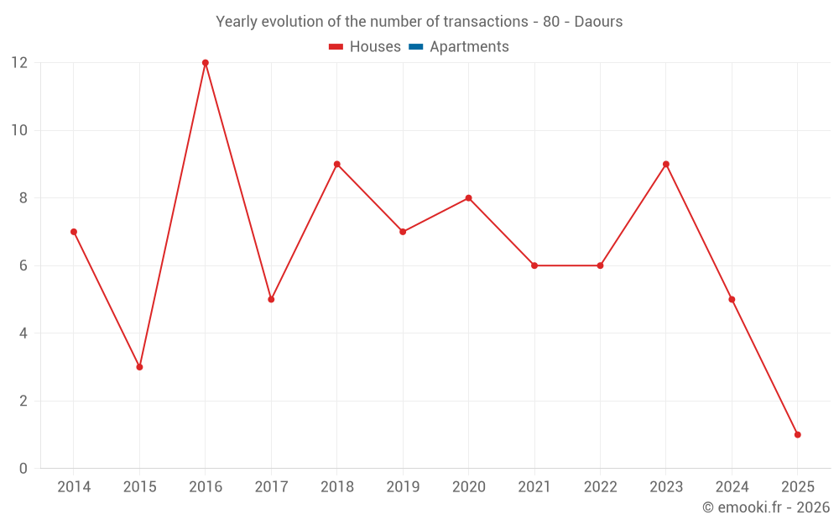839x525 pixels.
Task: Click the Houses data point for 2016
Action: (x=206, y=63)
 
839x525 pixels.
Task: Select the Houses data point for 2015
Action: (x=139, y=367)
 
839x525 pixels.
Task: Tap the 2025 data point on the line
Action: (x=797, y=434)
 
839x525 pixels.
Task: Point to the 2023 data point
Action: (x=666, y=164)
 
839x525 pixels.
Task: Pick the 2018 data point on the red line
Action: (x=337, y=164)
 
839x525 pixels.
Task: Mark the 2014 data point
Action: (x=74, y=232)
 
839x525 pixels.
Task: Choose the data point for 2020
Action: (x=468, y=198)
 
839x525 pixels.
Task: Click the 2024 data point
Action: (x=732, y=299)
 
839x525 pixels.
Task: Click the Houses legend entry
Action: (x=374, y=47)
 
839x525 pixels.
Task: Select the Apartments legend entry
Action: (x=469, y=47)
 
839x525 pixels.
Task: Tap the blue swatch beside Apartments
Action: (x=415, y=47)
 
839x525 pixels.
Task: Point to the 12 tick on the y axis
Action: (x=19, y=63)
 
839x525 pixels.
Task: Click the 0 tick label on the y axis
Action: (x=23, y=469)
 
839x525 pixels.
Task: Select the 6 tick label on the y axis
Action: (x=23, y=265)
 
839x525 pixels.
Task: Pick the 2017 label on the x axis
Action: (x=271, y=487)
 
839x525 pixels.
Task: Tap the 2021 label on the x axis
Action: (x=534, y=487)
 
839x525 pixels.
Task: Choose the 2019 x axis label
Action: (x=403, y=487)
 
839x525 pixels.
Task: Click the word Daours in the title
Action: (x=598, y=22)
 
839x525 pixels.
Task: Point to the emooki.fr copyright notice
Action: (x=766, y=507)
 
